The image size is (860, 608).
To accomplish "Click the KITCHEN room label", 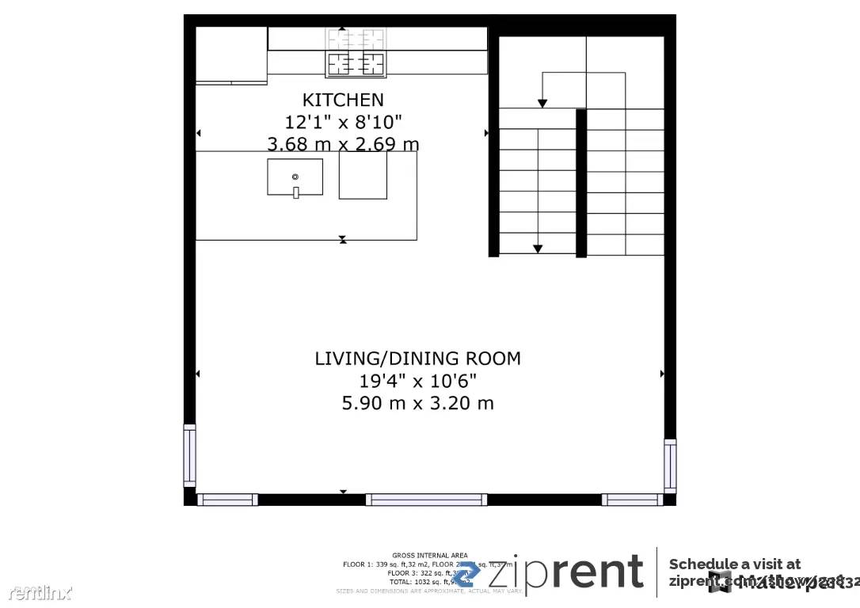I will coord(343,100).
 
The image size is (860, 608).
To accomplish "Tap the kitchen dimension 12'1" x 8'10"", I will coord(343,122).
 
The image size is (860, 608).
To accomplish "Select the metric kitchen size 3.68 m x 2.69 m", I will coord(343,143).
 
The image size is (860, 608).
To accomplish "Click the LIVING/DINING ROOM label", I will coord(417,359).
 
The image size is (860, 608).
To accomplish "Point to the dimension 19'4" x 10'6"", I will coord(417,381).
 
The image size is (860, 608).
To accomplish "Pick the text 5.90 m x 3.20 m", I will coord(417,403).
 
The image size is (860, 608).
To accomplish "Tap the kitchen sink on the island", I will coord(295,177).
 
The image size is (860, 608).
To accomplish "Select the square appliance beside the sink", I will coord(363,176).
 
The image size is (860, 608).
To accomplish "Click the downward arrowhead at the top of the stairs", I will coord(542,103).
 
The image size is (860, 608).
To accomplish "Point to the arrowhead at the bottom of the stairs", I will coord(538,249).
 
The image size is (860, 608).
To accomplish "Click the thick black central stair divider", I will coord(581,183).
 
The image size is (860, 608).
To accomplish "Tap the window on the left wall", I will coord(189,456).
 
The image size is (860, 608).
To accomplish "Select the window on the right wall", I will coord(670,466).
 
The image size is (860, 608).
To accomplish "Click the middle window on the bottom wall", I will coord(426,500).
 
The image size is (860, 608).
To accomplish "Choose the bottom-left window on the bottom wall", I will coord(227,500).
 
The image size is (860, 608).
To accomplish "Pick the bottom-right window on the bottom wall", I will coord(632,500).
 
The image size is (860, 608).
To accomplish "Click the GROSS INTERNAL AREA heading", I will coord(430,555).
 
